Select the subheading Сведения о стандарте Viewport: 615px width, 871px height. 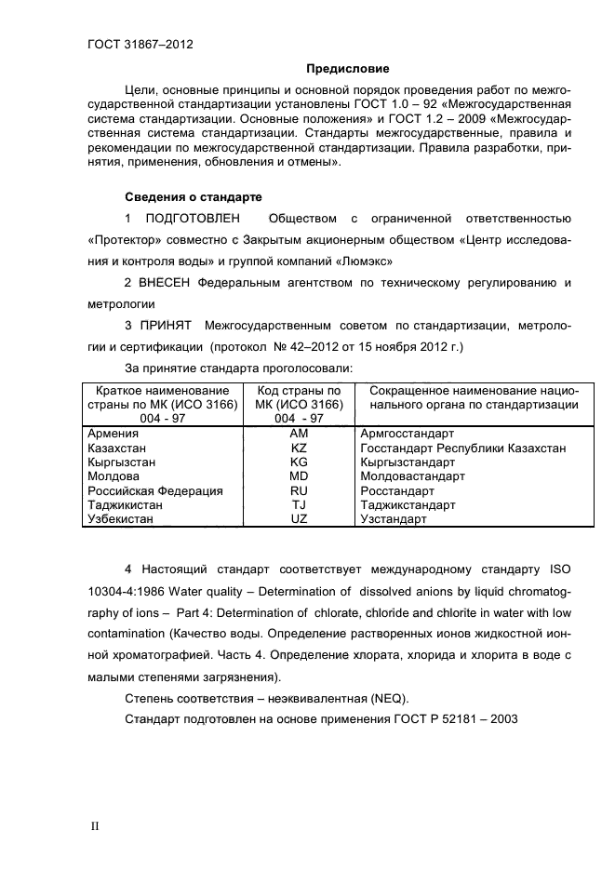click(194, 197)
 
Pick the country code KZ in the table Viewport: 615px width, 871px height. click(299, 448)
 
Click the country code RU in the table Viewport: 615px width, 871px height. click(299, 490)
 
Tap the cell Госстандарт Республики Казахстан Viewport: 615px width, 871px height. click(462, 448)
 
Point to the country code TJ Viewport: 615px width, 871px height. click(299, 505)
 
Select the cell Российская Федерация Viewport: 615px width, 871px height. click(154, 490)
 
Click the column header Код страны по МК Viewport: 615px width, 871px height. click(299, 397)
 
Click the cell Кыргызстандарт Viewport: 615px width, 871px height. click(407, 462)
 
